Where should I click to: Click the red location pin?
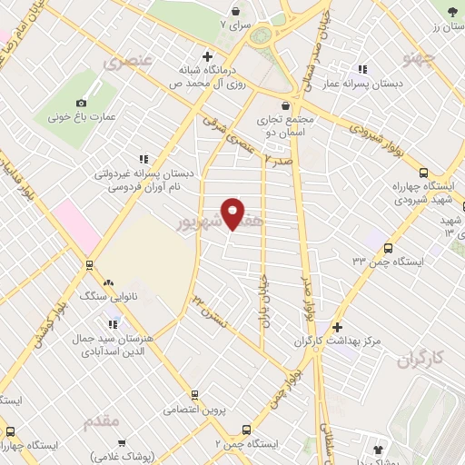pos(233,213)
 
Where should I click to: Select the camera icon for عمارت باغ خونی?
pos(82,103)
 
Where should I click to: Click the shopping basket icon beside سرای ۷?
pos(237,12)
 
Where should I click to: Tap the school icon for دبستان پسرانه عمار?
pos(363,69)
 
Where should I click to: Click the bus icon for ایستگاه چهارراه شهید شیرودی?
pos(422,173)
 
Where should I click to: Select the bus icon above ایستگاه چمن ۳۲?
pos(389,247)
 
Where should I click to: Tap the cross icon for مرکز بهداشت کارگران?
pos(338,327)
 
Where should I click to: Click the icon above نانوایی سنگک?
pos(108,282)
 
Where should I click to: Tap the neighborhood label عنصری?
pos(124,64)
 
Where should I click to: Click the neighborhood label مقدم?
pos(100,422)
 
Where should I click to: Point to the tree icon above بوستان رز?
pos(452,11)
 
